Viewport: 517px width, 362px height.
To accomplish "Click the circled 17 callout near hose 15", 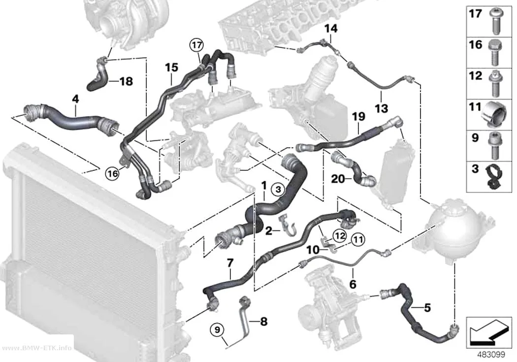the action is coord(196,45).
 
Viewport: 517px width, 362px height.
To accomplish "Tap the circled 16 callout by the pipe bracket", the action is coord(113,173).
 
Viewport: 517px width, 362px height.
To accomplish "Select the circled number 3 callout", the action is coord(278,190).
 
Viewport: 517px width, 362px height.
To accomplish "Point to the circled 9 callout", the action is coord(219,329).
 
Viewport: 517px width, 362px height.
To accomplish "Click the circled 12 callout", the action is coord(340,235).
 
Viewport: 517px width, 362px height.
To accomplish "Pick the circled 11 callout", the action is coord(358,239).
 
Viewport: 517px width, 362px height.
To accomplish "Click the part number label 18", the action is coord(126,81).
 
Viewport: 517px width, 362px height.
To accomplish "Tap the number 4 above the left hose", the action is coord(75,99).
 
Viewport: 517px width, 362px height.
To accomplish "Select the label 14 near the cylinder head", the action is coord(331,29).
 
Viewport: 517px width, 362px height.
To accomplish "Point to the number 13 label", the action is coord(382,108).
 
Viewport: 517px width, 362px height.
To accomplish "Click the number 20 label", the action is coord(338,179).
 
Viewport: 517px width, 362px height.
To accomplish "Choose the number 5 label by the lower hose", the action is coord(427,308).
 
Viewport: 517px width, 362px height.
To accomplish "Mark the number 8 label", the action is coord(264,322).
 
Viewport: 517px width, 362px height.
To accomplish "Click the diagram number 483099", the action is coord(491,355).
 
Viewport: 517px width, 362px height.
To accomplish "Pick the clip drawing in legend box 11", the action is coord(494,114).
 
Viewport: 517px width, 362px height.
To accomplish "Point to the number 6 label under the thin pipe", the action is coord(353,284).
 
